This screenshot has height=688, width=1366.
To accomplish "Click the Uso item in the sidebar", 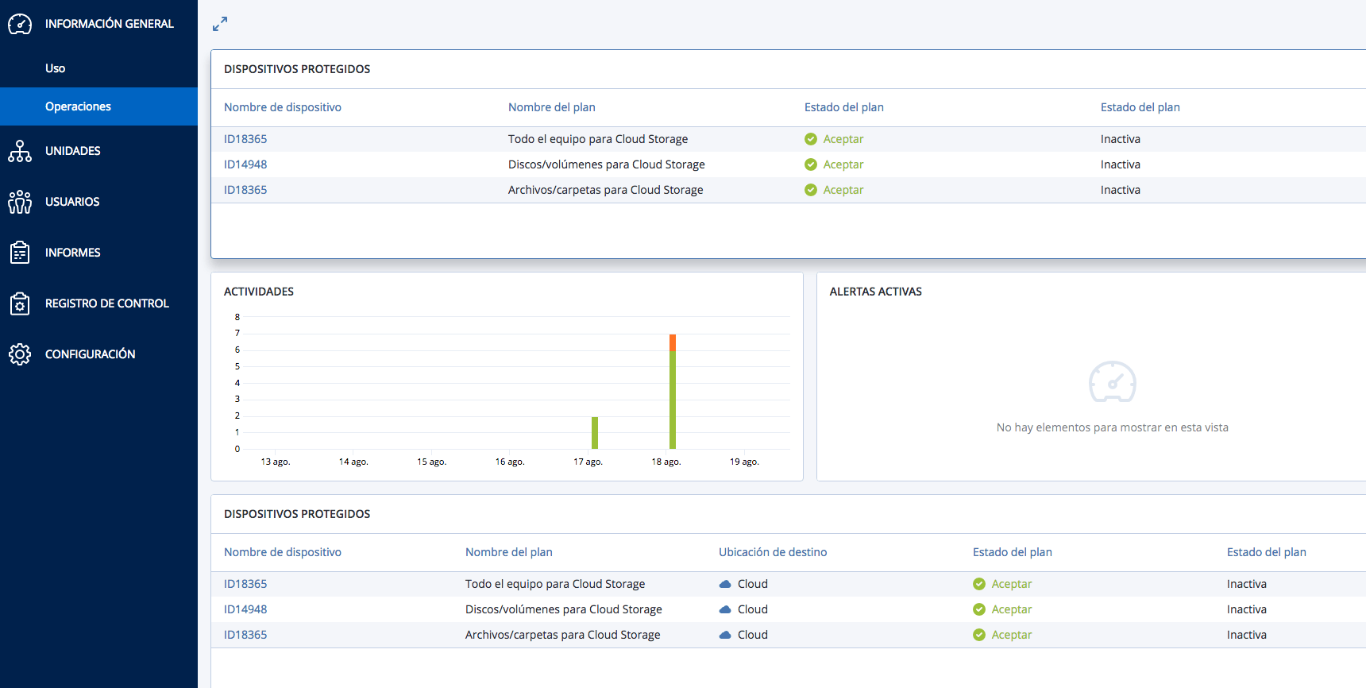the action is tap(55, 68).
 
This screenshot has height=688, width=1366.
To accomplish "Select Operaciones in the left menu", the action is tap(78, 106).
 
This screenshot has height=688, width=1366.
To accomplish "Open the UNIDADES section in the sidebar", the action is tap(72, 151).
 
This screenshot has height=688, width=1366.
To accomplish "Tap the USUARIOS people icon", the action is tap(20, 202).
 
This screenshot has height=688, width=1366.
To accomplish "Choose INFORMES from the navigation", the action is tap(72, 253).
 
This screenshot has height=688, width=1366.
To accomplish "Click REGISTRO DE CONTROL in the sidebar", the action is tap(106, 303).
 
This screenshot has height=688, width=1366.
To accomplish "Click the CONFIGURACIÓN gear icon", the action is tap(20, 354).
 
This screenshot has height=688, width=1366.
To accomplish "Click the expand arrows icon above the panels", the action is tap(220, 25).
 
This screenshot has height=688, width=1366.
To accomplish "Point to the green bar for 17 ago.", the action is tap(595, 433).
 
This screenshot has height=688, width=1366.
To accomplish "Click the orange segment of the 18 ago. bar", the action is tap(673, 343).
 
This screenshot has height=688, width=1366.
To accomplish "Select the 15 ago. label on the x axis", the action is tap(431, 462).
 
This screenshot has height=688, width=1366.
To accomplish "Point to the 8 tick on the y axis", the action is tap(237, 317).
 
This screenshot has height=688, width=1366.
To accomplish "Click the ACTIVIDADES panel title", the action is tap(259, 292).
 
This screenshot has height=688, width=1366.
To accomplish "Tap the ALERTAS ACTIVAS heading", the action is tap(875, 292).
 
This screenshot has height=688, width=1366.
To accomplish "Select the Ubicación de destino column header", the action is tap(773, 552).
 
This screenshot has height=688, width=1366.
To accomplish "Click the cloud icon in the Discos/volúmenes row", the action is tap(725, 609).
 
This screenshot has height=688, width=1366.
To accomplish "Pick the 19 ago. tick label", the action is tap(744, 462).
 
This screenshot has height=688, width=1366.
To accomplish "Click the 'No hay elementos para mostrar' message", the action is tap(1112, 427).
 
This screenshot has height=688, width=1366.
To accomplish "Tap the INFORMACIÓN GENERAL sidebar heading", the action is tap(109, 24).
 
